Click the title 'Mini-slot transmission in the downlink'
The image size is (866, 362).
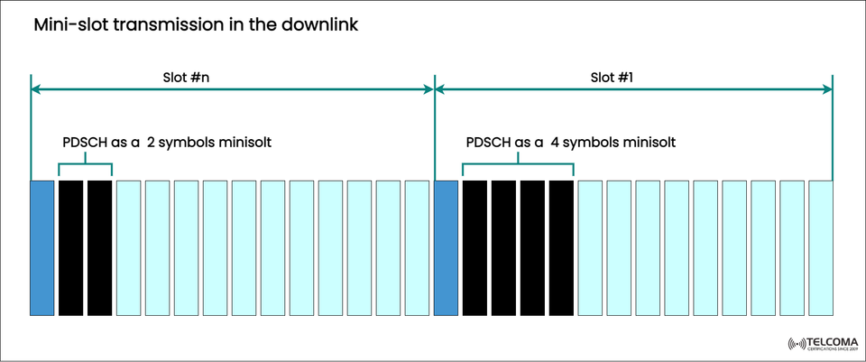pyautogui.click(x=196, y=25)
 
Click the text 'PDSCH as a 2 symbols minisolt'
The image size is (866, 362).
pyautogui.click(x=167, y=143)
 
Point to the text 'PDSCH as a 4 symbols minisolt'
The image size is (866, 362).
pyautogui.click(x=571, y=143)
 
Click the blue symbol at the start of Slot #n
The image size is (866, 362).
pyautogui.click(x=42, y=248)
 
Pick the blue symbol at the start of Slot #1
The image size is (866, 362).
pyautogui.click(x=447, y=248)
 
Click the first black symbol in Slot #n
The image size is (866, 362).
pyautogui.click(x=71, y=248)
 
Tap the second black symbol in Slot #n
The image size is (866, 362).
pyautogui.click(x=100, y=248)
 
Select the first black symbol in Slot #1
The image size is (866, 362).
pyautogui.click(x=475, y=248)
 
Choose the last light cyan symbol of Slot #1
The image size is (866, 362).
pyautogui.click(x=821, y=248)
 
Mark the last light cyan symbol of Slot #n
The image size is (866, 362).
pyautogui.click(x=417, y=248)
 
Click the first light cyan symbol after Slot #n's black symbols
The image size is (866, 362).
pyautogui.click(x=129, y=248)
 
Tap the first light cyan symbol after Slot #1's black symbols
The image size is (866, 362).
pyautogui.click(x=591, y=248)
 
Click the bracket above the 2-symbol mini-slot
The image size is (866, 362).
pyautogui.click(x=85, y=164)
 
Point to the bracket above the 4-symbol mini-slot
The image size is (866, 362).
pyautogui.click(x=518, y=164)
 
